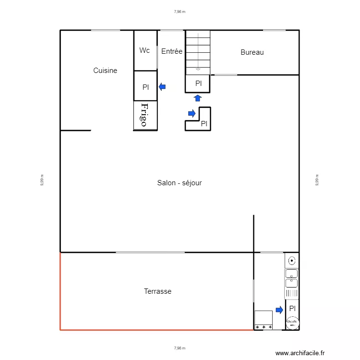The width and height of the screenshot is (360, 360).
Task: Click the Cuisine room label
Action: (x=105, y=71)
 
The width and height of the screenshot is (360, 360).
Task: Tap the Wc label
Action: (x=144, y=50)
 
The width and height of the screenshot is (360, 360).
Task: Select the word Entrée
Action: (x=172, y=51)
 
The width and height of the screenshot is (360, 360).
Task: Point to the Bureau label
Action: (x=252, y=52)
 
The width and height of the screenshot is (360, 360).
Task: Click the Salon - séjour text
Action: (x=180, y=183)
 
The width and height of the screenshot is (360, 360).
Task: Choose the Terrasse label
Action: (x=157, y=291)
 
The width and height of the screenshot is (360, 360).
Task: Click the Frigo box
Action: (x=145, y=115)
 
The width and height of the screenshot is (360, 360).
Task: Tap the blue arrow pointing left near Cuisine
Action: (x=162, y=87)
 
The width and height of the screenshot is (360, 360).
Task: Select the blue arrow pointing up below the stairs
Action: (x=198, y=98)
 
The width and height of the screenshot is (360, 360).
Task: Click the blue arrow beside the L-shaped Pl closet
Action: (x=192, y=113)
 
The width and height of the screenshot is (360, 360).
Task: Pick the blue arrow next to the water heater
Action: (x=279, y=310)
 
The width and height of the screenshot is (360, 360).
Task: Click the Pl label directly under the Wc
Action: (x=145, y=87)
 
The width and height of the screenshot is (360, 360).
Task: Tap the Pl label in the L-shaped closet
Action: (x=204, y=124)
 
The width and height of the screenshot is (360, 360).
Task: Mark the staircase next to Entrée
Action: (x=198, y=52)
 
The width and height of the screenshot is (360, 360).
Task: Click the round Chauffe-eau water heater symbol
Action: (x=291, y=323)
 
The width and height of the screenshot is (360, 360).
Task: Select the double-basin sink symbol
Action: (x=291, y=278)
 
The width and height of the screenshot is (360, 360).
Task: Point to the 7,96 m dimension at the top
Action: (x=180, y=12)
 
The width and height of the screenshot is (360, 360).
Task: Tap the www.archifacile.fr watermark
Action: (x=300, y=353)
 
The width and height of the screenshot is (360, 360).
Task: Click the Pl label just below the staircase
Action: (x=198, y=84)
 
